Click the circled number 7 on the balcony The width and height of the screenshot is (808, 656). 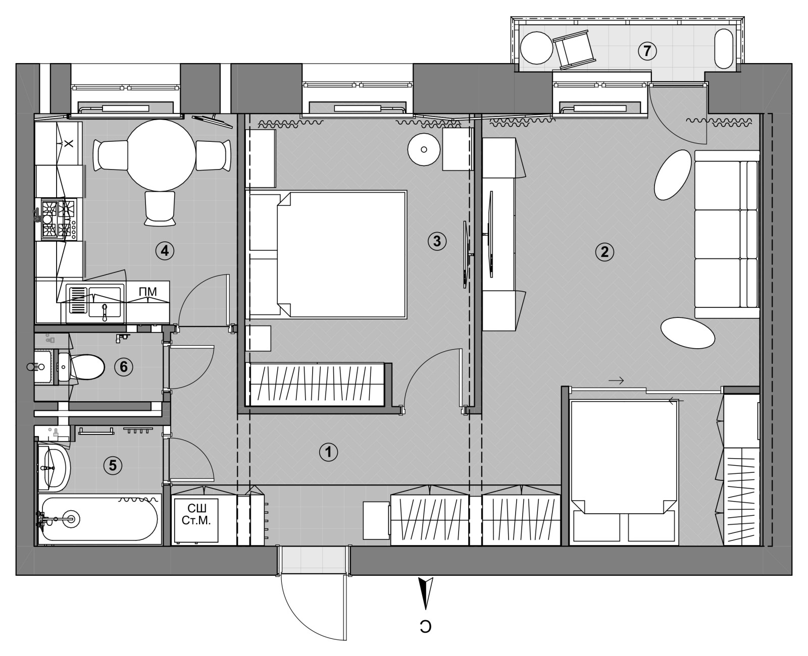[x=647, y=51]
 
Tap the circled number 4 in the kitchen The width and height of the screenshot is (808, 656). [x=165, y=250]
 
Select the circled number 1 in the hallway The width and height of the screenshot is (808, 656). [x=329, y=452]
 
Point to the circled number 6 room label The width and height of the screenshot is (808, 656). [x=124, y=367]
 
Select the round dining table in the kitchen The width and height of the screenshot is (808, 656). [x=161, y=155]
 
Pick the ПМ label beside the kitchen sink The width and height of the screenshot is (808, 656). [x=147, y=292]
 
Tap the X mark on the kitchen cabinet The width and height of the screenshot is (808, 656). [x=69, y=143]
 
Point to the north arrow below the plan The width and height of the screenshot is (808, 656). [x=426, y=593]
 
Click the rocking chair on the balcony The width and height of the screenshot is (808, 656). [x=573, y=50]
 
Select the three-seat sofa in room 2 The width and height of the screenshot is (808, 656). [x=727, y=234]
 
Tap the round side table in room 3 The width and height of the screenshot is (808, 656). [x=424, y=149]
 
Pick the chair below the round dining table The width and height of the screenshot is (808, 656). [x=160, y=208]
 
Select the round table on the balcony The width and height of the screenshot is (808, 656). [x=536, y=48]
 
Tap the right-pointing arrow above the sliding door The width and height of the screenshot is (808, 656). [x=616, y=380]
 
